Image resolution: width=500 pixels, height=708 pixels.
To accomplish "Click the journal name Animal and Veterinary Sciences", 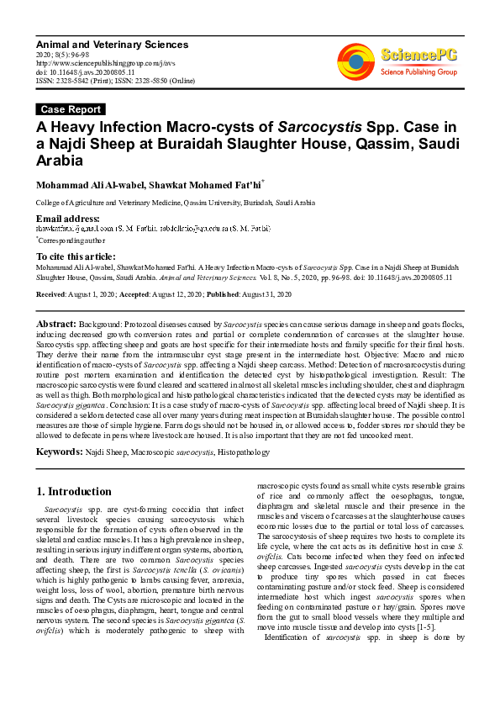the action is point(103,42).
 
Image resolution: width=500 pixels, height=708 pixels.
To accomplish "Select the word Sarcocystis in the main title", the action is point(320,127).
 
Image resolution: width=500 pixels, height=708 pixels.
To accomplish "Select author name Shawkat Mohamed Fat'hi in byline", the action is point(210,184).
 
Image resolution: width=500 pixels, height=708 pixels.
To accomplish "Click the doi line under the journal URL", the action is point(84,71).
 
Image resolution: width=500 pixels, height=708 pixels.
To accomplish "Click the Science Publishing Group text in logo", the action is point(418,72).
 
